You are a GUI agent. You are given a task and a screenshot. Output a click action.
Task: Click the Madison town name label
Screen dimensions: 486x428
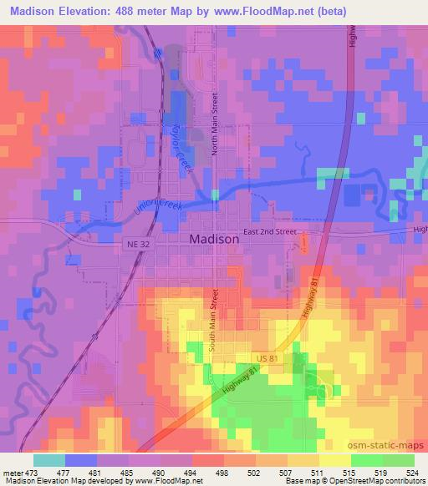point(210,238)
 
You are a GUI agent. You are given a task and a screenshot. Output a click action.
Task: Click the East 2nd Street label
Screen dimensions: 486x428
point(270,230)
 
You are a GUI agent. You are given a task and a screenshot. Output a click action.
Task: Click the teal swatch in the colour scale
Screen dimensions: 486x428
point(49,459)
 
